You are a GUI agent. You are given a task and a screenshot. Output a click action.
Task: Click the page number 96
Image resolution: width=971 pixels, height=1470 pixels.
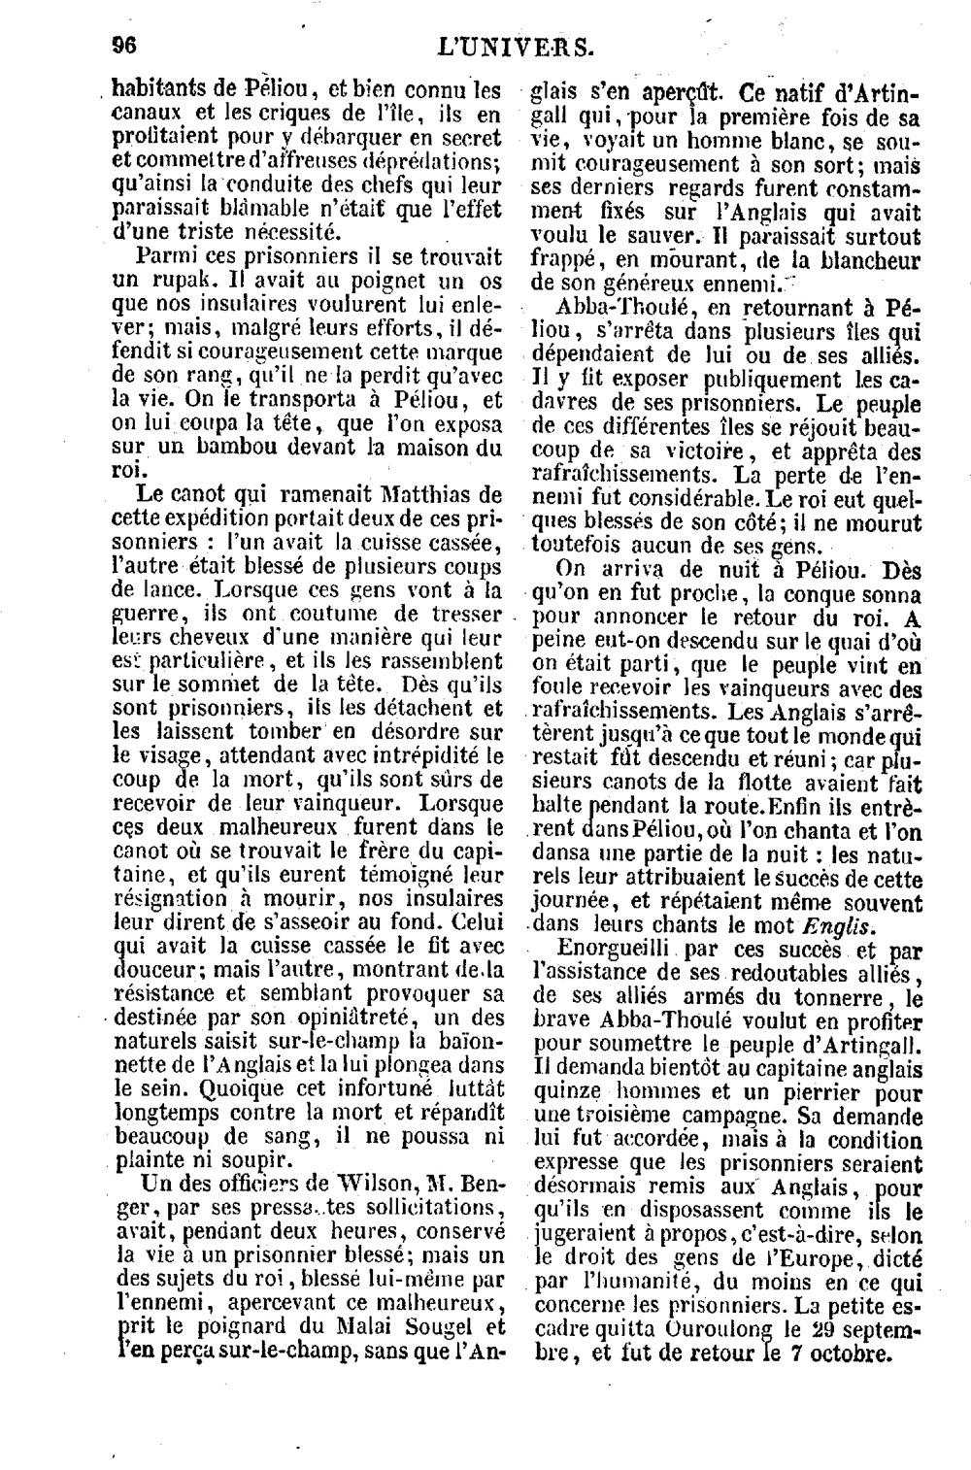[123, 45]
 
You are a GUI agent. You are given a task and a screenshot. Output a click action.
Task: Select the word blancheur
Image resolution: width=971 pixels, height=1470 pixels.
[863, 260]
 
